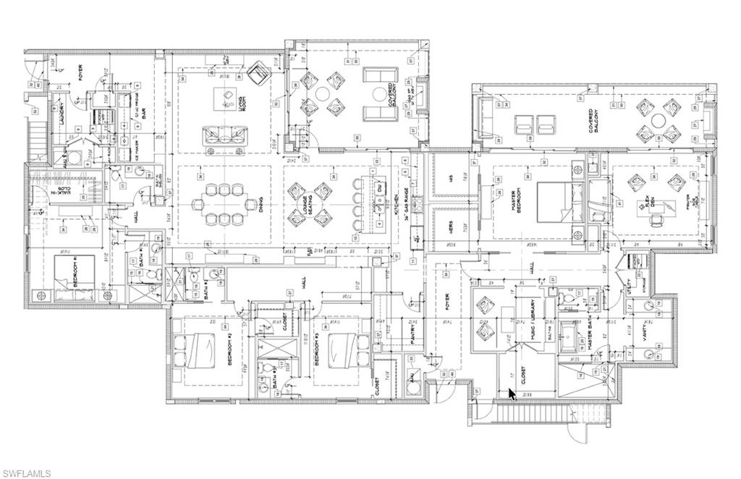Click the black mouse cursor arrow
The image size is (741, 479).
pos(512,394)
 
